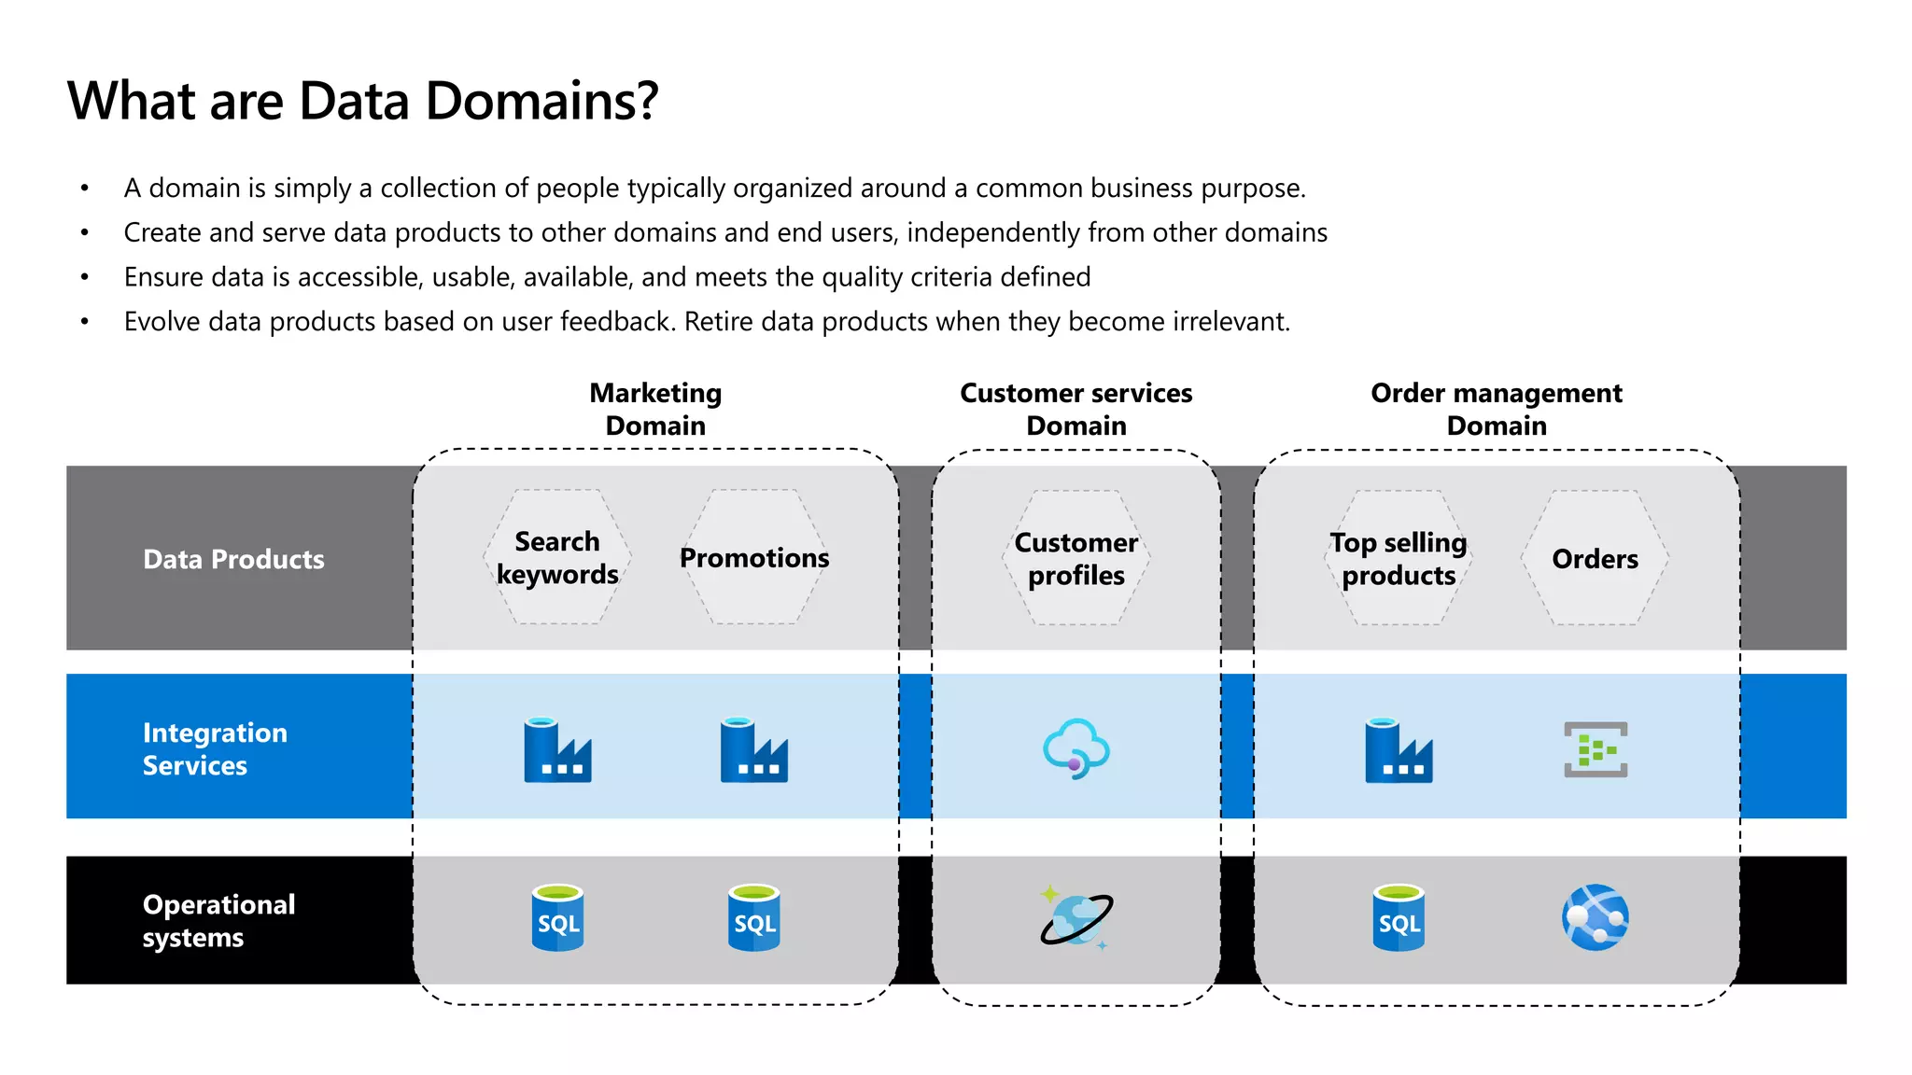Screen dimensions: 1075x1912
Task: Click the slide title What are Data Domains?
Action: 362,101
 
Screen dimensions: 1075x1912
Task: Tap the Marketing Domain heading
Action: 655,409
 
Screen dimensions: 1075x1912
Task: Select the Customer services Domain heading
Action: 1075,409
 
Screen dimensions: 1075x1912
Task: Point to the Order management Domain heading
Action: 1496,409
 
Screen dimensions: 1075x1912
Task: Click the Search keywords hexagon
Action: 557,557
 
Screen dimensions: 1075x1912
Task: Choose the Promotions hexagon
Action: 754,557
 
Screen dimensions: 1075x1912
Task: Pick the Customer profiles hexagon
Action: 1075,558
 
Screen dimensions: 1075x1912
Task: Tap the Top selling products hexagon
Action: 1398,558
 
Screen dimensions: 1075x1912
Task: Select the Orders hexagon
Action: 1595,558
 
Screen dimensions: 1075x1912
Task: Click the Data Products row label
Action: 233,559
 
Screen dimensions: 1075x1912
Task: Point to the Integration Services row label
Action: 215,748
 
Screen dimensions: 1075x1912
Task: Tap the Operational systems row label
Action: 218,920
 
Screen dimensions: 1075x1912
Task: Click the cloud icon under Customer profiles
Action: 1075,748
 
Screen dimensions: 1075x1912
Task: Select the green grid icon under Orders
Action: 1596,749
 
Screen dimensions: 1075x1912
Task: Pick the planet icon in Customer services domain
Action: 1075,918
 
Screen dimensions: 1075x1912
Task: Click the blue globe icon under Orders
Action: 1595,918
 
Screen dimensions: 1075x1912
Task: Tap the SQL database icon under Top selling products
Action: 1399,918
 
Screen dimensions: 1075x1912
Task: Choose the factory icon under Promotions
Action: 753,749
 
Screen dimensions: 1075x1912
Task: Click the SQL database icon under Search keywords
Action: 557,918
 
